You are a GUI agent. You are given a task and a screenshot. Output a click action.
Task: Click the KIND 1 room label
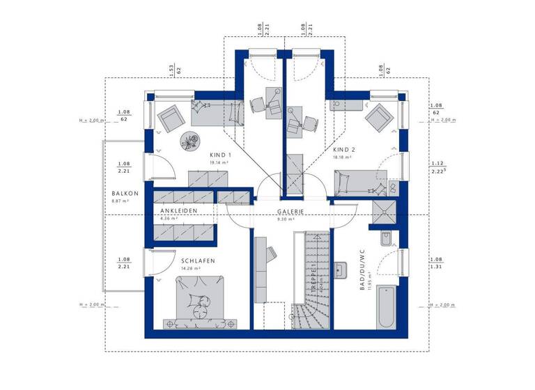click(x=220, y=155)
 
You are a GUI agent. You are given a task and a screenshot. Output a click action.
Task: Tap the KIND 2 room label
click(x=344, y=150)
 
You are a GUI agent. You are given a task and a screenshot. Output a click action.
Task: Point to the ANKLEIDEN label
click(x=179, y=210)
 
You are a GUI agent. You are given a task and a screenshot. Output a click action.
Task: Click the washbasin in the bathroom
click(x=342, y=270)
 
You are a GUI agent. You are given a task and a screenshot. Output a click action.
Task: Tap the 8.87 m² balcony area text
click(x=122, y=201)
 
